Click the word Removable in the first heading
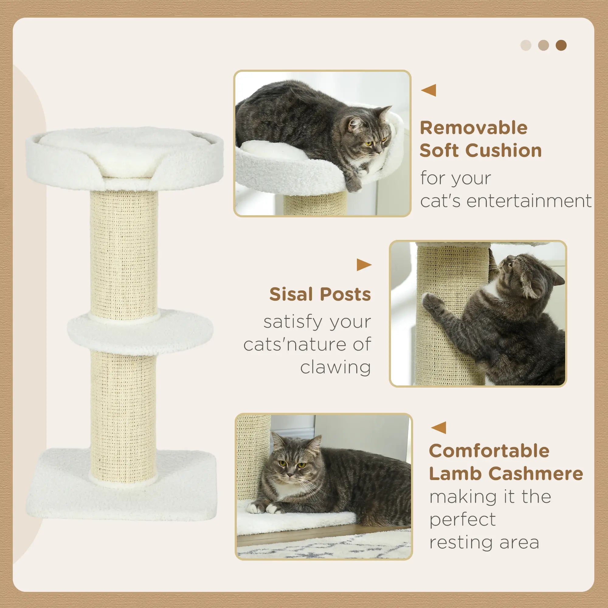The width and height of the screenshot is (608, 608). point(473,128)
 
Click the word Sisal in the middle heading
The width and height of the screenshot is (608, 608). point(291,294)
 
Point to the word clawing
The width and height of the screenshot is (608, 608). point(336,367)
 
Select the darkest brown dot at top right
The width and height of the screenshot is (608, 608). point(561,45)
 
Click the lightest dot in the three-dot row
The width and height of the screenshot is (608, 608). point(526,45)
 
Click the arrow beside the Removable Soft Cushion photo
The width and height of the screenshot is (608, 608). point(429,90)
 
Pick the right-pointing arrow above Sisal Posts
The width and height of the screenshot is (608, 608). point(364,265)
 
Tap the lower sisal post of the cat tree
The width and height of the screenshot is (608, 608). point(123,409)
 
